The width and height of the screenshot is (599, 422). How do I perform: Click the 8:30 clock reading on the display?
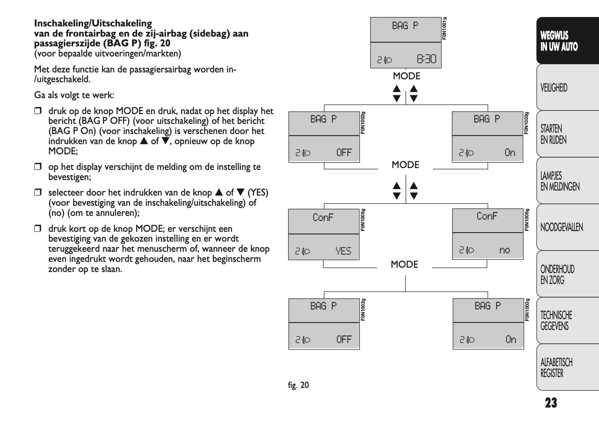(x=426, y=59)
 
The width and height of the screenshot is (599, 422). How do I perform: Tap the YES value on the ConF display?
(x=343, y=251)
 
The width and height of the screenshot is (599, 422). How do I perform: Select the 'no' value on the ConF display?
(x=504, y=250)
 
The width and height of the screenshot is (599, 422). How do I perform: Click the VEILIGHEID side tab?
(x=554, y=88)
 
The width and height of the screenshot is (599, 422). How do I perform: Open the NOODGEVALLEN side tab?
(x=561, y=227)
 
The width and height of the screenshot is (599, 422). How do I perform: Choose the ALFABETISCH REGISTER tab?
(x=556, y=367)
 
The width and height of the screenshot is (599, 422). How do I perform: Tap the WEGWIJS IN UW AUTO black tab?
(x=559, y=41)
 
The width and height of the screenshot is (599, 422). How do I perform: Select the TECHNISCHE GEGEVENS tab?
(x=556, y=321)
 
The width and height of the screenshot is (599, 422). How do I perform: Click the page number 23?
(x=551, y=402)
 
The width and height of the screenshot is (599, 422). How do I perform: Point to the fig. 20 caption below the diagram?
(x=298, y=385)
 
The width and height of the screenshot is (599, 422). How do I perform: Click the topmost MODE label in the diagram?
(x=407, y=76)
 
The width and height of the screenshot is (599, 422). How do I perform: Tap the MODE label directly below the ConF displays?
(x=404, y=264)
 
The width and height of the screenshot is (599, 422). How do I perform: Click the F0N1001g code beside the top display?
(x=445, y=28)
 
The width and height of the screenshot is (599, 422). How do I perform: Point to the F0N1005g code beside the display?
(x=363, y=220)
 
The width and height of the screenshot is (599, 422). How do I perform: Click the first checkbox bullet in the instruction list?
(x=38, y=111)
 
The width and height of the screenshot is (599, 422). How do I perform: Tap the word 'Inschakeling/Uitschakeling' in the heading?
(x=93, y=24)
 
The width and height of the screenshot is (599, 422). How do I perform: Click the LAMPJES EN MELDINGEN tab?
(x=560, y=181)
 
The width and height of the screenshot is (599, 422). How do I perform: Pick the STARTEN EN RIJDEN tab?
(x=553, y=134)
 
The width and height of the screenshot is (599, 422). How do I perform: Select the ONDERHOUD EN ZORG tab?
(x=557, y=274)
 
